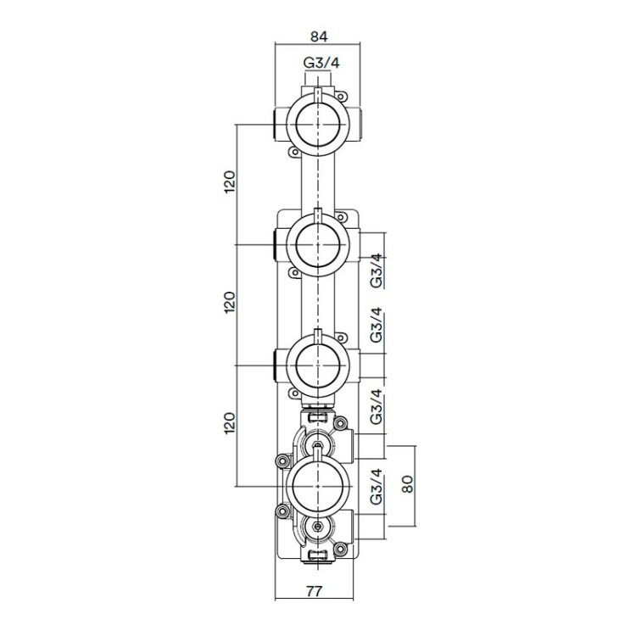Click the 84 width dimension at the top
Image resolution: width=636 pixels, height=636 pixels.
pos(318,36)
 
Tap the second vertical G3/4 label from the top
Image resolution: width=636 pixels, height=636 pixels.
pos(377,326)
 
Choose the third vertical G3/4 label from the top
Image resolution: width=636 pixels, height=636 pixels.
pos(377,406)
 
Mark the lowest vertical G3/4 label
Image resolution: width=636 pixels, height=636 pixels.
pos(377,488)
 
